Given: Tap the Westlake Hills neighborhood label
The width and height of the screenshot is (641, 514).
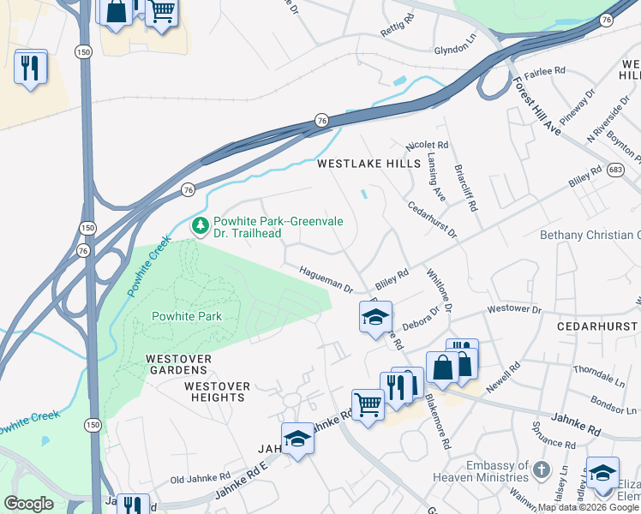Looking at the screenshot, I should pos(368,163).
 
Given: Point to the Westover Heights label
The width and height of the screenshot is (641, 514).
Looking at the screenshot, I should pos(217,391).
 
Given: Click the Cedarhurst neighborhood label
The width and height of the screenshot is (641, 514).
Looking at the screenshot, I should pos(596,327).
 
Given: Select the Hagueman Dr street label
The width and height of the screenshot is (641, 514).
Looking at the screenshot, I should pos(326,279).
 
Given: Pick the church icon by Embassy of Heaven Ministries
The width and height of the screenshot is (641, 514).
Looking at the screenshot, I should pos(541,469).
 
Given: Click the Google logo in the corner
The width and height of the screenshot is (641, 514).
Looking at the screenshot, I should pos(28,503).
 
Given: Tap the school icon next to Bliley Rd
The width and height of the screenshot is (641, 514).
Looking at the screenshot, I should pos(375,316).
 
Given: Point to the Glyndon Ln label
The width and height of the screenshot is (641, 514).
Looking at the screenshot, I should pos(454,51).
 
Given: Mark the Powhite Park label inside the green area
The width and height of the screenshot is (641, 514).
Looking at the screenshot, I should pos(187,316).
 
